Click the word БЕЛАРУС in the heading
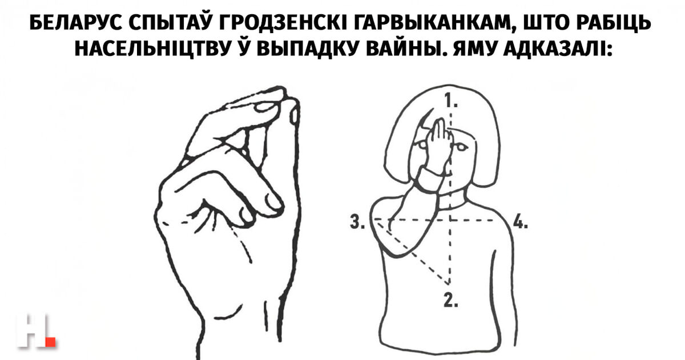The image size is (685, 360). (x=75, y=23)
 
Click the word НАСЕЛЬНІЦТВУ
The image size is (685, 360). (x=152, y=49)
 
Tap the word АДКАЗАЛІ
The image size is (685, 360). (x=558, y=49)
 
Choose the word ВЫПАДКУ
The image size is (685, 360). (x=307, y=49)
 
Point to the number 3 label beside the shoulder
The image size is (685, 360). (x=357, y=222)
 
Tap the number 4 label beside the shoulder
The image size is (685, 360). (x=520, y=221)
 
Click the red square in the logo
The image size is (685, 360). (x=50, y=342)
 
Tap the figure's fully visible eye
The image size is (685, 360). (x=461, y=148)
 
